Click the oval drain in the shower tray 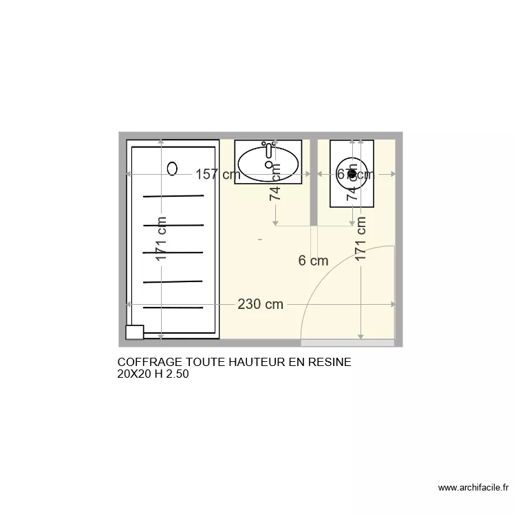[x=173, y=168]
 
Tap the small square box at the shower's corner [x=134, y=332]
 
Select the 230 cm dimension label [x=260, y=304]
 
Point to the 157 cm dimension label [x=217, y=175]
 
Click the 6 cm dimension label [x=313, y=261]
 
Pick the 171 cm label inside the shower [x=161, y=239]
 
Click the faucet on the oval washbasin [x=268, y=150]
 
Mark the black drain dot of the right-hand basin [x=352, y=174]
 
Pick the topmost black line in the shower [x=173, y=196]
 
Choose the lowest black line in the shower [x=173, y=307]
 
